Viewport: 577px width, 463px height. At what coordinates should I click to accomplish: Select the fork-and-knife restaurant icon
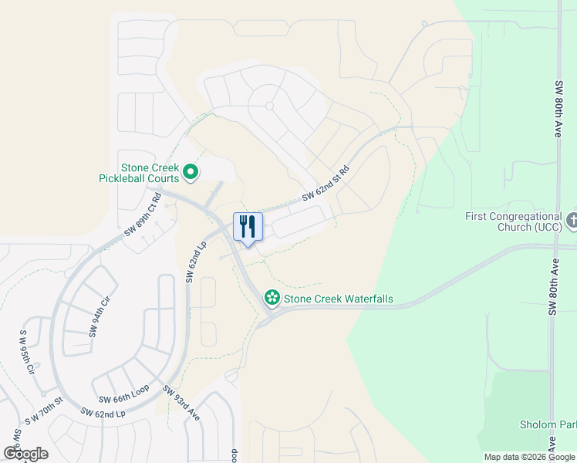point(248,227)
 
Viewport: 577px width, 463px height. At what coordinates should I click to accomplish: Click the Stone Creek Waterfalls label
point(339,298)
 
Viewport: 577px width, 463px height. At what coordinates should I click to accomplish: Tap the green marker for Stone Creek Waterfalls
point(272,297)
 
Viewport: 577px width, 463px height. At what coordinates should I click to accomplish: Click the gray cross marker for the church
point(572,221)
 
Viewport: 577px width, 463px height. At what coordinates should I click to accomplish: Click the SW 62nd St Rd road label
point(326,184)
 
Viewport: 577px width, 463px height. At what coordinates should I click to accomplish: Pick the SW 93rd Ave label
point(182,403)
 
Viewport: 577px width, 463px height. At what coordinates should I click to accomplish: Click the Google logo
point(26,454)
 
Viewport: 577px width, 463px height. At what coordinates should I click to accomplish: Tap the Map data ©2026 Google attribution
point(529,458)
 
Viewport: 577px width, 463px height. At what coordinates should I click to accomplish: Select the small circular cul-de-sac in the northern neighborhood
point(269,106)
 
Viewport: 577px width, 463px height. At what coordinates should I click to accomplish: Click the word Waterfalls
point(363,298)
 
